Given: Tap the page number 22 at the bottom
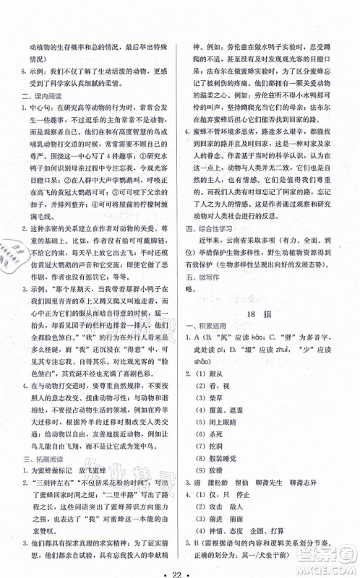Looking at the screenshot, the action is click(x=180, y=565).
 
